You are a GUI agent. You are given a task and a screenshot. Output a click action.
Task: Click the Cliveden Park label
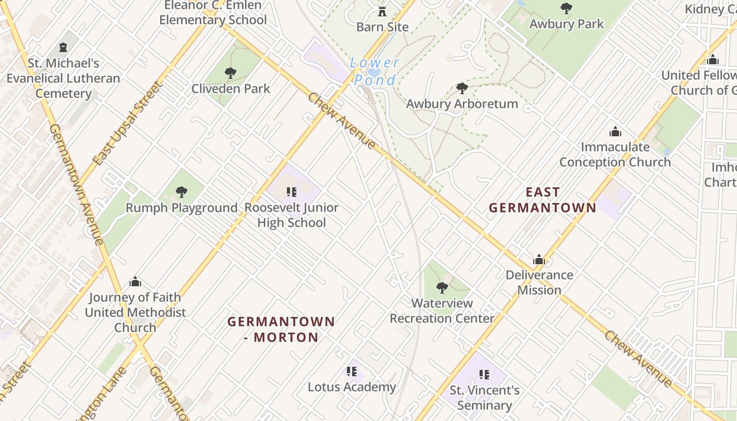click(231, 88)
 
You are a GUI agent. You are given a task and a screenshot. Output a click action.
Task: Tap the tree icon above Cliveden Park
click(230, 73)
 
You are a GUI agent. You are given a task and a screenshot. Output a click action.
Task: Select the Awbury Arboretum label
click(462, 104)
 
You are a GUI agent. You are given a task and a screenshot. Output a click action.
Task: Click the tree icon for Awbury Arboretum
click(462, 88)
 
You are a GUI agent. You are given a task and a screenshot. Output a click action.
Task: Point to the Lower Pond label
click(375, 72)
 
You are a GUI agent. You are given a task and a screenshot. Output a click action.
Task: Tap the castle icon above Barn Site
click(382, 11)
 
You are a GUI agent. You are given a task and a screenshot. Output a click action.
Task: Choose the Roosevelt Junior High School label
click(291, 215)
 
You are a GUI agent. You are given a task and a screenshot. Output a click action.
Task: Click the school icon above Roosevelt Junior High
click(292, 192)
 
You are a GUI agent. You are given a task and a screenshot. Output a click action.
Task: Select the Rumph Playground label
click(182, 208)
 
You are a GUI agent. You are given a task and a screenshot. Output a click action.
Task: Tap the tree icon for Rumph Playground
click(182, 192)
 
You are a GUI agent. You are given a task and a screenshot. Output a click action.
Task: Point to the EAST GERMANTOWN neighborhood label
click(542, 200)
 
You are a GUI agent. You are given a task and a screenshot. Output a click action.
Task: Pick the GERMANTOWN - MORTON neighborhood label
click(281, 329)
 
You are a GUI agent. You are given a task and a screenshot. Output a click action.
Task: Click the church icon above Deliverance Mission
click(539, 259)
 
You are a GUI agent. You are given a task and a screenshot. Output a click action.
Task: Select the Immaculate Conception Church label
click(615, 154)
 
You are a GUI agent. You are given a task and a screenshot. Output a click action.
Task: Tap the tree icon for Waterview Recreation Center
click(442, 288)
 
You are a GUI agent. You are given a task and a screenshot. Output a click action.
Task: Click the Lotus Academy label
click(352, 387)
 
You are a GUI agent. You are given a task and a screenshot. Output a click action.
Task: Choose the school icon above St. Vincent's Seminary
click(484, 375)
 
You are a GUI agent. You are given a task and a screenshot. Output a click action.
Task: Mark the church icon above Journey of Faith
click(135, 282)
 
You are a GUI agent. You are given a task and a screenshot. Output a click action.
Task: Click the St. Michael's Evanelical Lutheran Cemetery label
click(63, 78)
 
